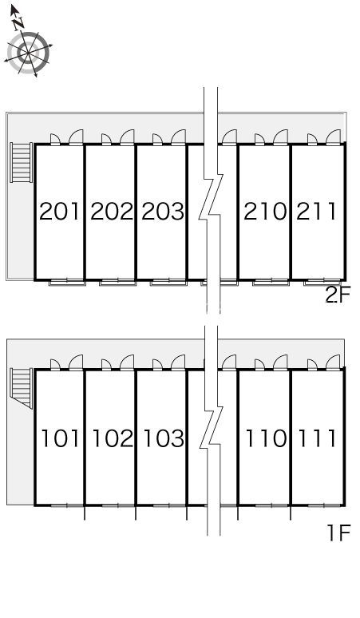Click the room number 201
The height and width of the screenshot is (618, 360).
(60, 211)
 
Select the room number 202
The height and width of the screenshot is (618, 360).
(112, 211)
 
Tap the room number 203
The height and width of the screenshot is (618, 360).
(163, 211)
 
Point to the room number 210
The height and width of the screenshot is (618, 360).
(265, 211)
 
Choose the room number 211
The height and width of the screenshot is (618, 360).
(316, 211)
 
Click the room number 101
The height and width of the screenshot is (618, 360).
(60, 438)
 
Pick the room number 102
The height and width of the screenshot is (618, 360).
(113, 438)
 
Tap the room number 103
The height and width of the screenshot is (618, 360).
(164, 438)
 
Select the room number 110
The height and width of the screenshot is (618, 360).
(266, 438)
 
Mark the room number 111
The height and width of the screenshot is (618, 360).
(317, 438)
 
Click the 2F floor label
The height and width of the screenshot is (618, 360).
(338, 295)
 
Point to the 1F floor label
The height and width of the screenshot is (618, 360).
(338, 533)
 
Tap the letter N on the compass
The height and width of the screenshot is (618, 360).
(18, 24)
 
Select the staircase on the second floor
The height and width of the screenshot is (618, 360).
(22, 162)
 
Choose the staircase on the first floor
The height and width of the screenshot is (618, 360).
(22, 388)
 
